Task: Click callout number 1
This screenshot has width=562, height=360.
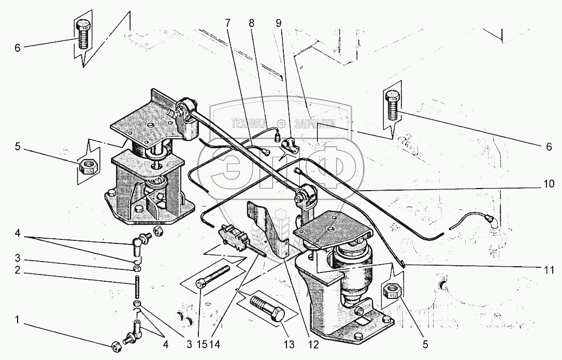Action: pos(17,319)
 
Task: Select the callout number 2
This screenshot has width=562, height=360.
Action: pos(17,270)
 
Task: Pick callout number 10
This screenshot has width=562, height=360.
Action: pos(549,184)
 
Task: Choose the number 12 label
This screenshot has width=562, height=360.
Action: pos(313,344)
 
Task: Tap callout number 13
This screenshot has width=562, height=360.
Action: pos(289,344)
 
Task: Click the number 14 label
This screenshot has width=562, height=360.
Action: pos(215,344)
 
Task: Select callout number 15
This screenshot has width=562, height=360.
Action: pos(202,344)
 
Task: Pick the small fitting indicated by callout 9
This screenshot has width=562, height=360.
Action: pos(290,146)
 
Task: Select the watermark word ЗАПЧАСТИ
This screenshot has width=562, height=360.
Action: pos(315,124)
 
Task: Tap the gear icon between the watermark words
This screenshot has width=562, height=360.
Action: pos(281,124)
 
